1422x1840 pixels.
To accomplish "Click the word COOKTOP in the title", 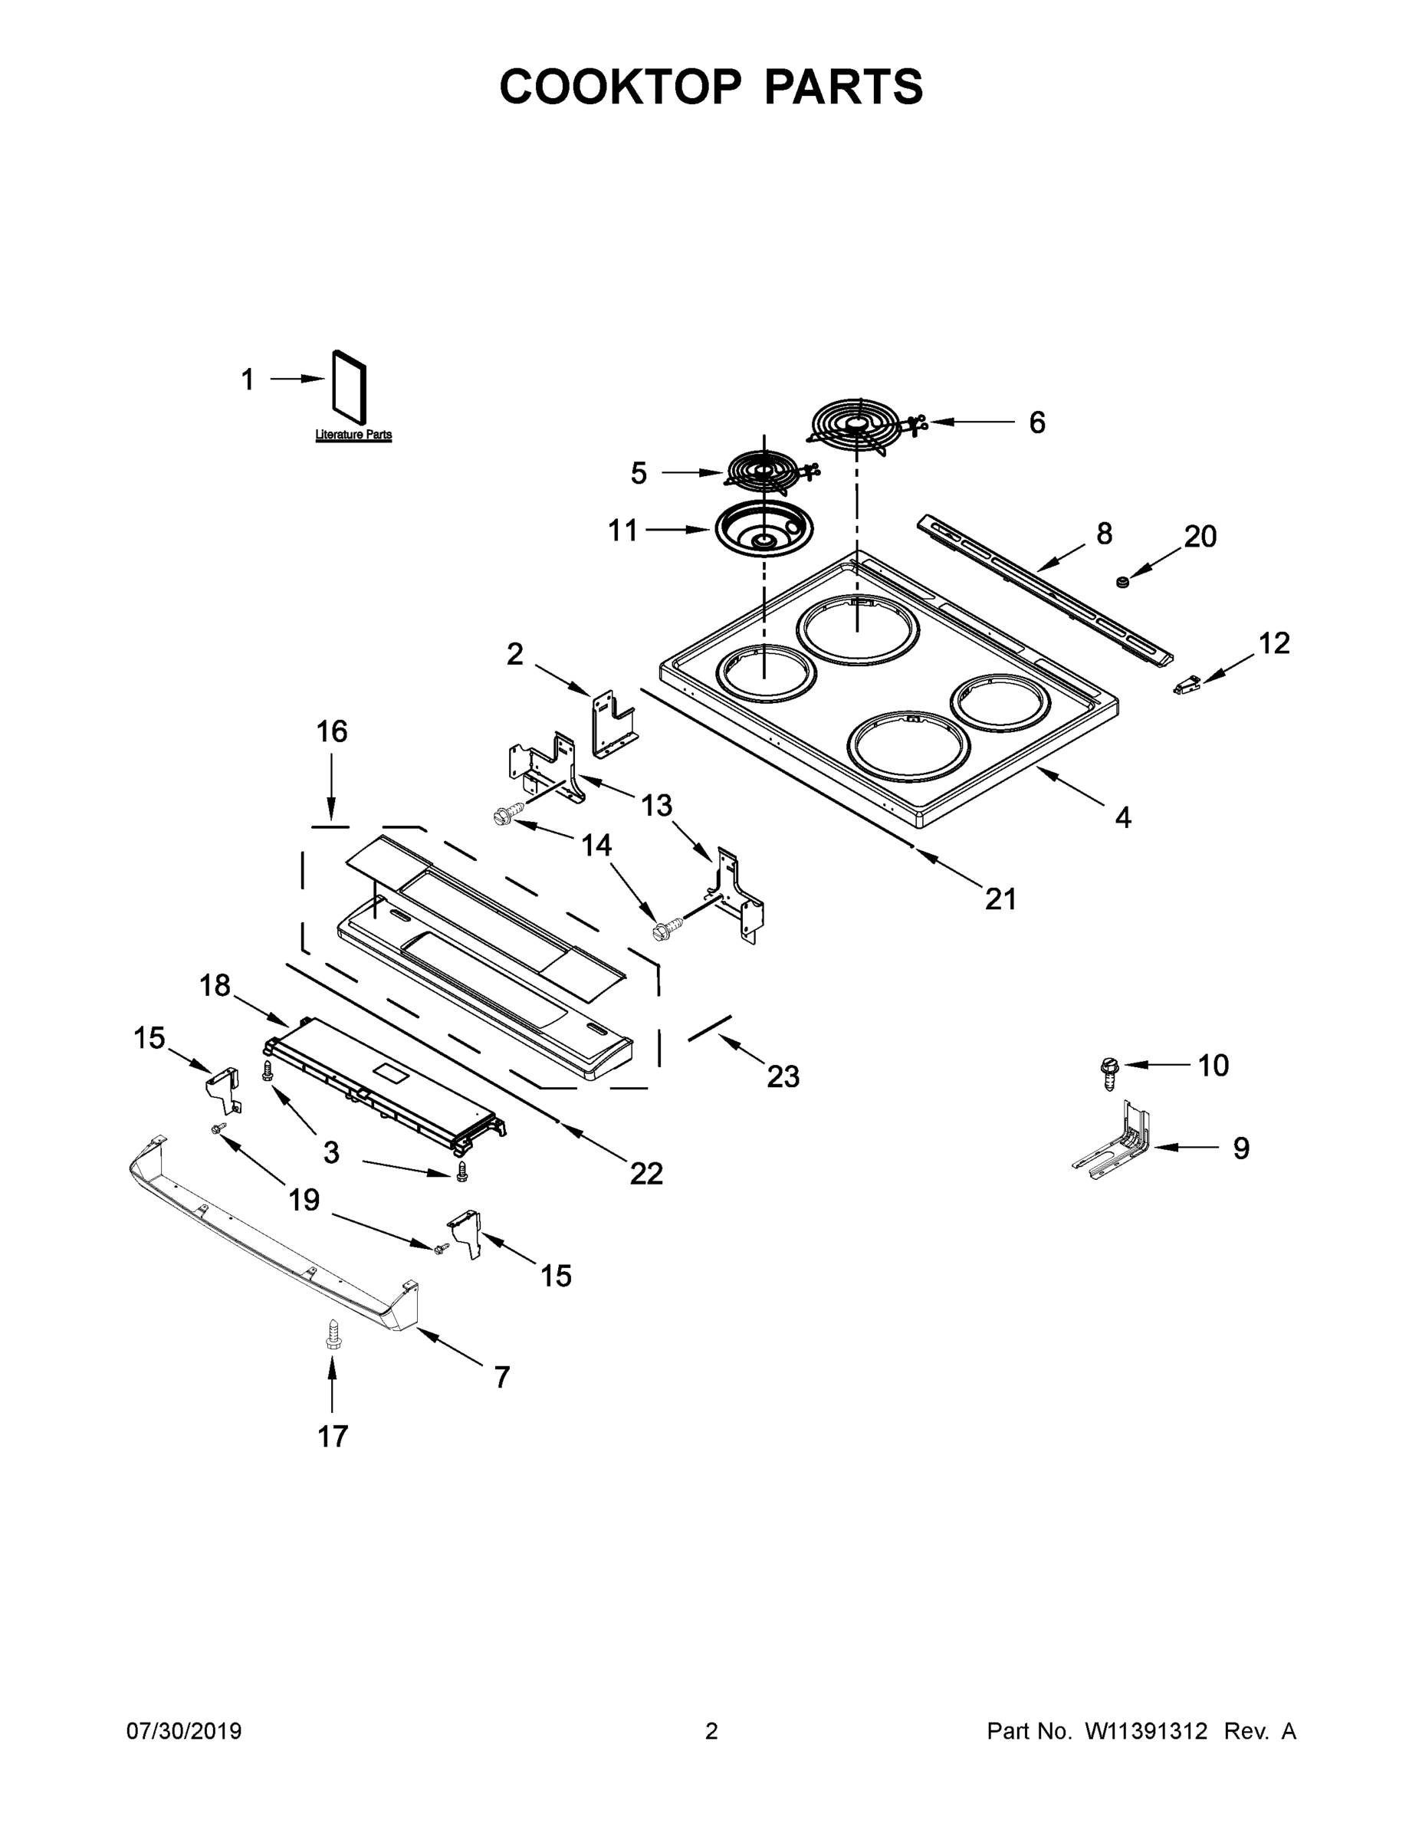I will (x=621, y=87).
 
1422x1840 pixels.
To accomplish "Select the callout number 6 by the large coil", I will (x=1037, y=422).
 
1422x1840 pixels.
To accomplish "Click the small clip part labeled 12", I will (x=1186, y=687).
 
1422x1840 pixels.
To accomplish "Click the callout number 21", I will (x=1001, y=899).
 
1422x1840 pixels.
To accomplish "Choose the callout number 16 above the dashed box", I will (x=332, y=731).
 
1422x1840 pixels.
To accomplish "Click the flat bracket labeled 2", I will (x=613, y=723).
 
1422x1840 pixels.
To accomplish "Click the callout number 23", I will (x=783, y=1076).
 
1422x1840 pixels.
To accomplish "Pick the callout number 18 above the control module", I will (x=215, y=985).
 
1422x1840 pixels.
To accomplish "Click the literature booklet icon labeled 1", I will (x=350, y=386).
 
